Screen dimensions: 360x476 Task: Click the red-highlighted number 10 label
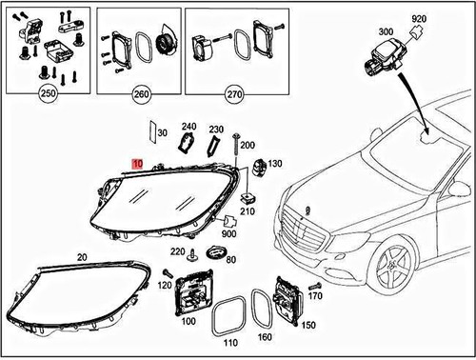coord(139,164)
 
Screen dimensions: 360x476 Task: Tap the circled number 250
coord(46,94)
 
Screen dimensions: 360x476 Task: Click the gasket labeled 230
coord(214,144)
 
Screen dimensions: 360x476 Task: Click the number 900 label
coord(228,234)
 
